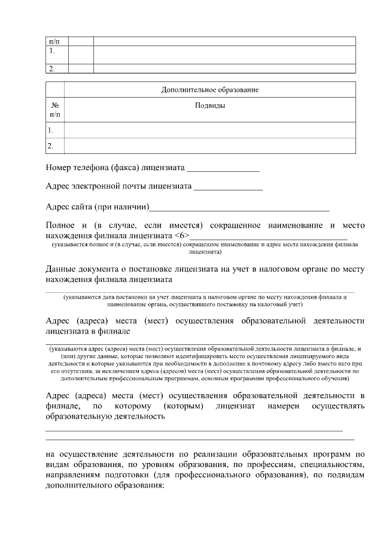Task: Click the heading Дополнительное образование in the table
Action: [209, 90]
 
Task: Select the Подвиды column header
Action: [210, 105]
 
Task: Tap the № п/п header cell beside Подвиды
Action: [55, 108]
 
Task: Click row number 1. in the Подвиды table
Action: [51, 130]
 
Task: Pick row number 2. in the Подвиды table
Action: [51, 146]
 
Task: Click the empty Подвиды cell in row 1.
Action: [210, 130]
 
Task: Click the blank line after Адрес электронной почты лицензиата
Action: [228, 188]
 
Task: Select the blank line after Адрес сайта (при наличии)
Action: [239, 208]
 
